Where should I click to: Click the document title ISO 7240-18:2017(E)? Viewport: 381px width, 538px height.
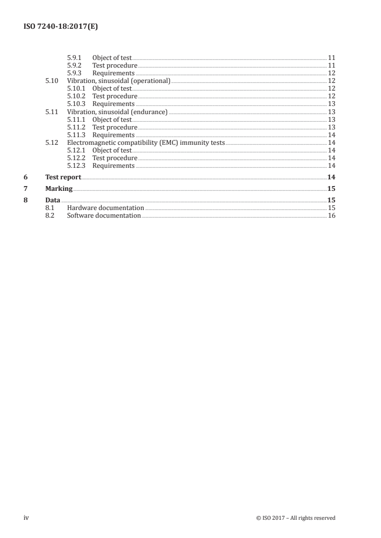click(61, 27)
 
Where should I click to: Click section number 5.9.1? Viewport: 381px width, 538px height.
click(74, 58)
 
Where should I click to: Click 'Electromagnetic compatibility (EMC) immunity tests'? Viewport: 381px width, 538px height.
click(146, 142)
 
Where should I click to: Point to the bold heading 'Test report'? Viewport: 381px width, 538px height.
click(63, 177)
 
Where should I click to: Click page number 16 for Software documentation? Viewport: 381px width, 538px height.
click(331, 216)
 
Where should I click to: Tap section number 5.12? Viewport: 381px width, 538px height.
click(51, 142)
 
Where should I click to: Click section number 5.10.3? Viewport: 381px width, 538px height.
click(76, 104)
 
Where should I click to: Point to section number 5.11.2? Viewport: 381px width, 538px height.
click(76, 127)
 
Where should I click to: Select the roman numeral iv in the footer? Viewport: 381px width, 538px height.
click(26, 517)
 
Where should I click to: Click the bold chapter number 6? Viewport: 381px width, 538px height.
click(25, 177)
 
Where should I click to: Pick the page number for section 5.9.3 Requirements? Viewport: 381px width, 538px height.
click(331, 73)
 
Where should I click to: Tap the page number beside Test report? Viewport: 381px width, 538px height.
click(331, 177)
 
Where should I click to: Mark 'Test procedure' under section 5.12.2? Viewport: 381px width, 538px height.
click(114, 158)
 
